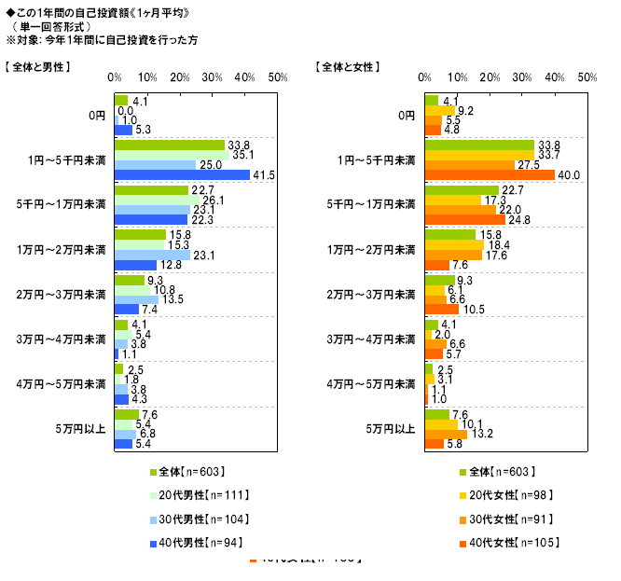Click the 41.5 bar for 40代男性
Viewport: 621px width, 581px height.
pyautogui.click(x=182, y=174)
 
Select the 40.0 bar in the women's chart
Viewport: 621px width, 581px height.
pyautogui.click(x=490, y=174)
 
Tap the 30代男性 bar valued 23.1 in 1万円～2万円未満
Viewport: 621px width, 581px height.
pyautogui.click(x=151, y=254)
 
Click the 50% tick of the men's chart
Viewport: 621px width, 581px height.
pyautogui.click(x=276, y=77)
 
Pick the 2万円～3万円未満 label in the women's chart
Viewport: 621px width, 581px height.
pyautogui.click(x=373, y=295)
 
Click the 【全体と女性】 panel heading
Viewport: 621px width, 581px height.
pyautogui.click(x=348, y=67)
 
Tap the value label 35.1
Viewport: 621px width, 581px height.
pyautogui.click(x=242, y=155)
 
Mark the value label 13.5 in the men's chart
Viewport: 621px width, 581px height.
pyautogui.click(x=172, y=299)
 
